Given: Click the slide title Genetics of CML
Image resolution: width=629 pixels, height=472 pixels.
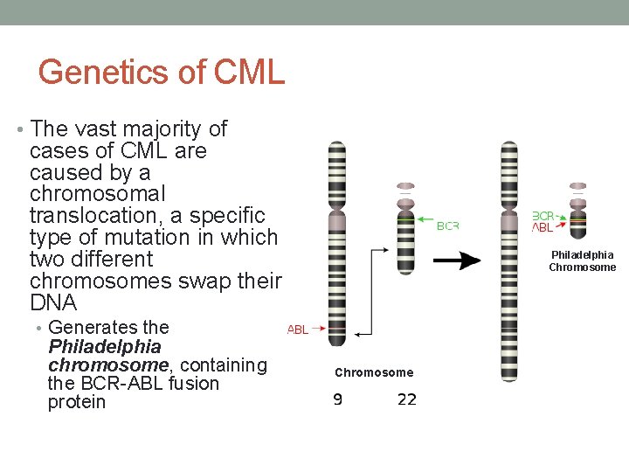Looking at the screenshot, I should tap(162, 72).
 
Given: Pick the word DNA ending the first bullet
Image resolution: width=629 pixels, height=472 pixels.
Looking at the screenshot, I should tap(53, 303).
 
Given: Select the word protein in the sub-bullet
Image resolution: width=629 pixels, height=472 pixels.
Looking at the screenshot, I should tap(77, 402).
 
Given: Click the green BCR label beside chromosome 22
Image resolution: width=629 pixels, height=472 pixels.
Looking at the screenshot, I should tap(447, 226).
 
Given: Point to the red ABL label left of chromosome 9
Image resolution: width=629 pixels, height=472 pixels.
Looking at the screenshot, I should tap(298, 330).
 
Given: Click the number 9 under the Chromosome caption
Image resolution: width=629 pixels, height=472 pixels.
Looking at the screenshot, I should tap(337, 399).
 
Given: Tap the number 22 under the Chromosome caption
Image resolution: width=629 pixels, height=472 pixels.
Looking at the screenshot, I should tap(406, 399).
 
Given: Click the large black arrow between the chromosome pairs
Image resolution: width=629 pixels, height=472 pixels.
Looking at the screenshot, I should tap(457, 260).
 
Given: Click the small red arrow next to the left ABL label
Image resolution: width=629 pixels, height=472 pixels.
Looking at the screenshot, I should tap(317, 329).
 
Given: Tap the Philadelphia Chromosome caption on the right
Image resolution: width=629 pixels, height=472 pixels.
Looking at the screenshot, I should tap(582, 260).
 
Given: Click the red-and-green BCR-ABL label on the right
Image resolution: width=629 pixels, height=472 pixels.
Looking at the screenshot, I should tap(543, 221).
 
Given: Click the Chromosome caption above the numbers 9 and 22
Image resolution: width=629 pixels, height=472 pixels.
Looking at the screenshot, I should tap(374, 372).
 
